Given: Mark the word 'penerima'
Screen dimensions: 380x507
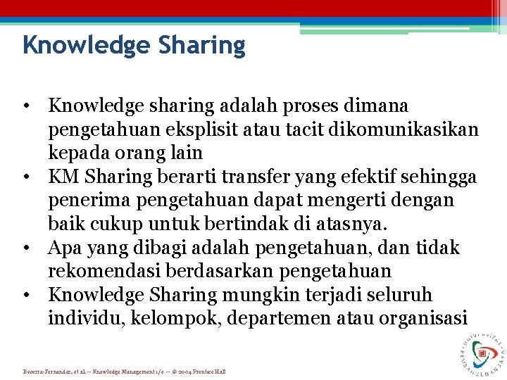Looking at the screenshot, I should click(87, 201).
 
